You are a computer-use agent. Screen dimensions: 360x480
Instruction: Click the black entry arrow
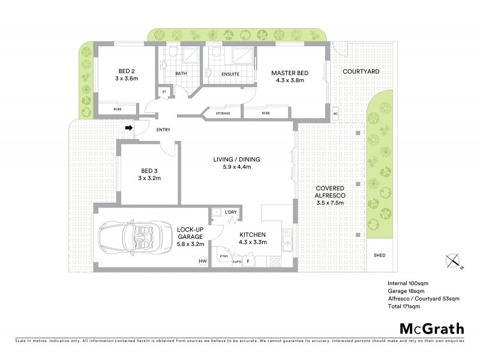(x=128, y=127)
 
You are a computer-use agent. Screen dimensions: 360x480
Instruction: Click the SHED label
(x=380, y=255)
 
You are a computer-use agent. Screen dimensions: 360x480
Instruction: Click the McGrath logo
(x=431, y=328)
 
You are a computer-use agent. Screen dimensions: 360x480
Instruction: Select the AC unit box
(x=335, y=113)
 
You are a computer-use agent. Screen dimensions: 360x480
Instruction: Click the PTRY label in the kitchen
(x=223, y=256)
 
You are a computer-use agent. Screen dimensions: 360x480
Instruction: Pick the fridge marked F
(x=248, y=262)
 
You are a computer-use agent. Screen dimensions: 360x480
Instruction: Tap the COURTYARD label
(x=360, y=71)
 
